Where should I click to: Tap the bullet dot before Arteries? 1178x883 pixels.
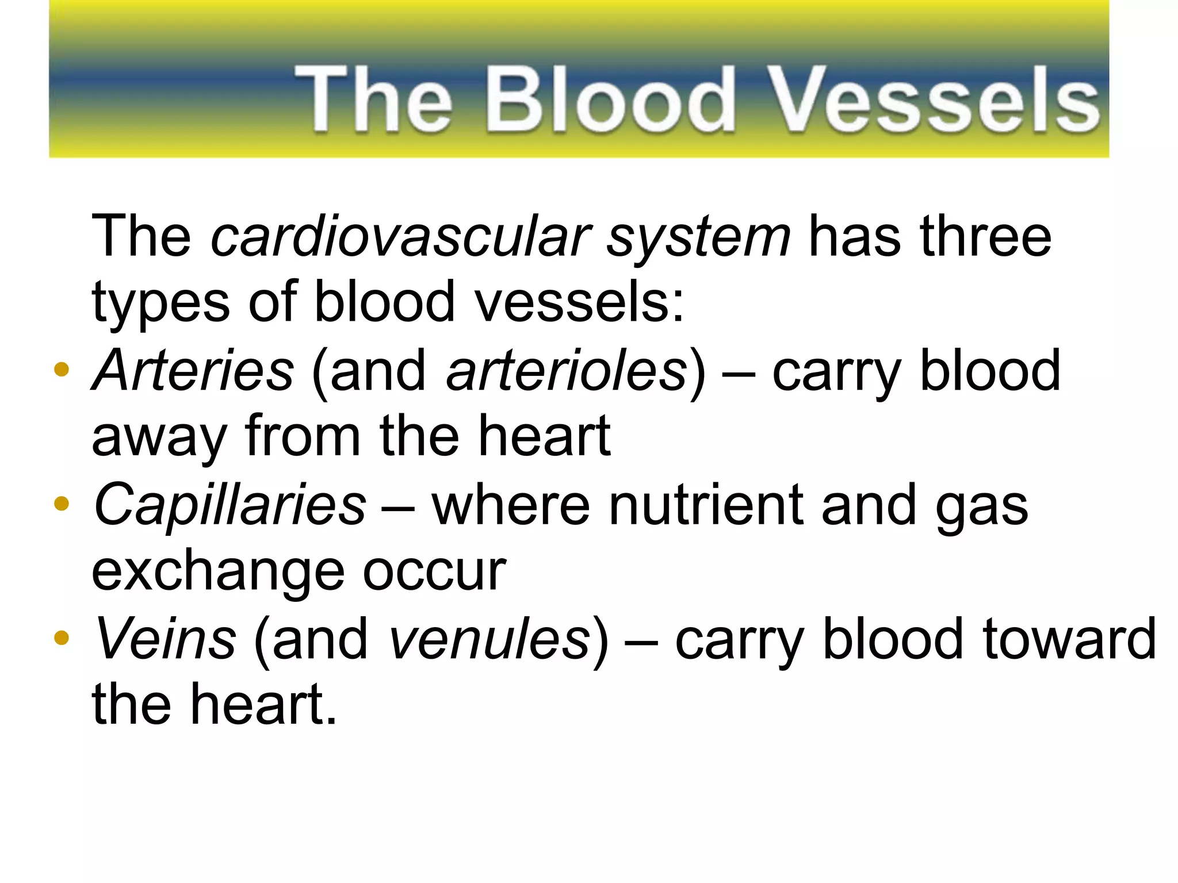tap(61, 370)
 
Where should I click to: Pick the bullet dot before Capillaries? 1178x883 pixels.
tap(61, 504)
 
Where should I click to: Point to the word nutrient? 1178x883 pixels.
tap(706, 505)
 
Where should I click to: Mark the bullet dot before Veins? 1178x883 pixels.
tap(61, 638)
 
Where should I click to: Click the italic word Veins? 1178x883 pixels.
tap(166, 639)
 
